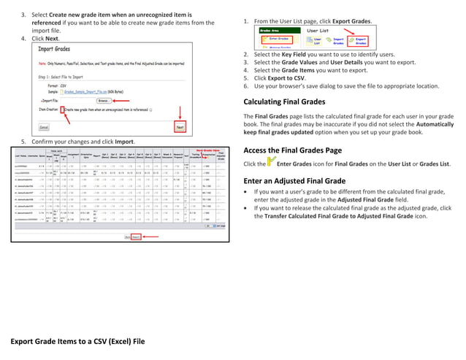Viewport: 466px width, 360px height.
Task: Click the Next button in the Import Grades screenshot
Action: tap(180, 126)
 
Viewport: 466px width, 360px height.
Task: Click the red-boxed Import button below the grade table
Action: tap(136, 237)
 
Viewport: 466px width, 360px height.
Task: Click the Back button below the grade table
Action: tap(126, 237)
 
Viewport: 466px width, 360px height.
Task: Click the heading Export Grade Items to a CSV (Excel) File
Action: tap(77, 341)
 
